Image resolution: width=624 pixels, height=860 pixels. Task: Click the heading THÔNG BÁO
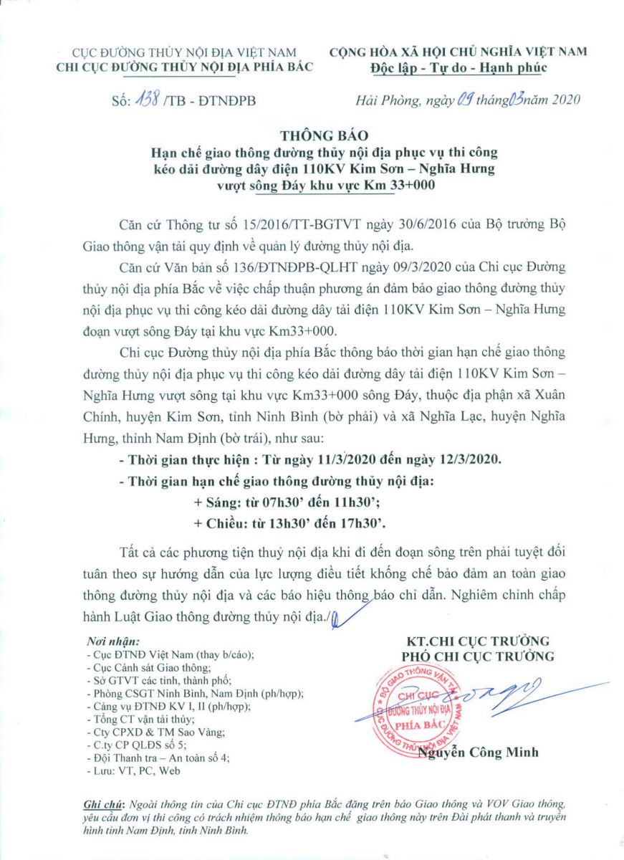(x=312, y=135)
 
